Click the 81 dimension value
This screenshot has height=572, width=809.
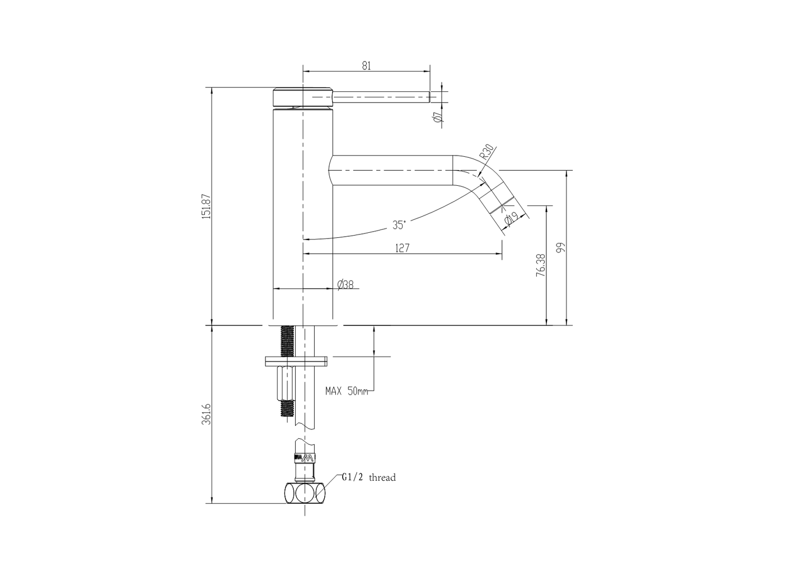(x=366, y=65)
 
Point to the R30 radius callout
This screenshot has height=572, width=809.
(x=486, y=153)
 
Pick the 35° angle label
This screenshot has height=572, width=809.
(x=399, y=225)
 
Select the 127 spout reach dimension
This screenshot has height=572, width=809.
(x=402, y=248)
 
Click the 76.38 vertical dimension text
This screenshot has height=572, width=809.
(x=540, y=265)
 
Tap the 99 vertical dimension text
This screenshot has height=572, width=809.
(x=561, y=247)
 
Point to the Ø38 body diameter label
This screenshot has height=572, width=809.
(x=345, y=284)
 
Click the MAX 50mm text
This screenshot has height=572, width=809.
(x=347, y=391)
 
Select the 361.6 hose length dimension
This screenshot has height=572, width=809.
(x=206, y=413)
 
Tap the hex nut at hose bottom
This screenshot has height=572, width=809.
(x=304, y=493)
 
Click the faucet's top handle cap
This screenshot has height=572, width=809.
(x=302, y=97)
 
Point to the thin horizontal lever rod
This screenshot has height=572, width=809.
(x=381, y=97)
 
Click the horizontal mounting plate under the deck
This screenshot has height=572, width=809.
(x=296, y=361)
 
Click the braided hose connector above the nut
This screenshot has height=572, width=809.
(x=304, y=459)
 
